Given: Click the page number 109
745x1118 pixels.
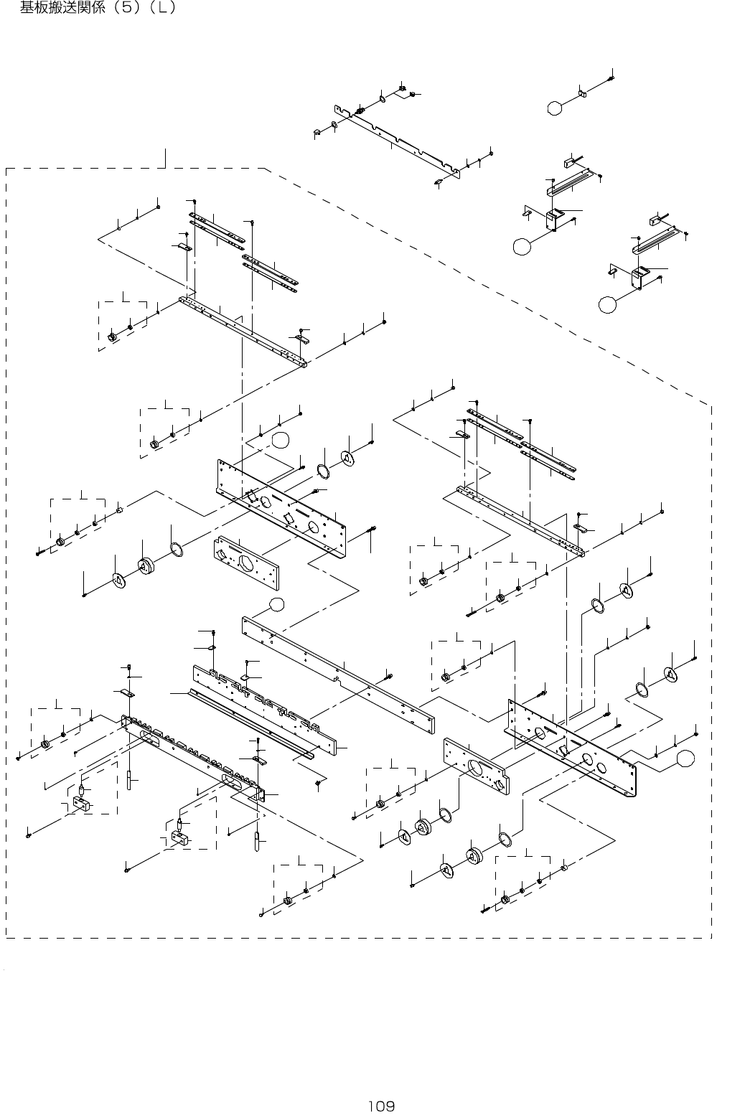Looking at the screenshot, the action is [382, 1107].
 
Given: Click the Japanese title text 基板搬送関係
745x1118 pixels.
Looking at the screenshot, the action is [62, 7].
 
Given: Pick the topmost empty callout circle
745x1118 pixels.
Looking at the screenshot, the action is [555, 108].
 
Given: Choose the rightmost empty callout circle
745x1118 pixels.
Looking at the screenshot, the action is [685, 758].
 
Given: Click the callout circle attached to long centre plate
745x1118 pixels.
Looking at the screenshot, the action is [276, 604].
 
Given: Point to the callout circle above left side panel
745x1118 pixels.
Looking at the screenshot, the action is [280, 439].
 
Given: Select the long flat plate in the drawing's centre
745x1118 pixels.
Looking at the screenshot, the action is [338, 675].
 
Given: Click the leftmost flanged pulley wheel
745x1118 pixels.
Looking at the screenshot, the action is [146, 566].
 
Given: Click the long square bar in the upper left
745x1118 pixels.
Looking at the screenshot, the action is [243, 332].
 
